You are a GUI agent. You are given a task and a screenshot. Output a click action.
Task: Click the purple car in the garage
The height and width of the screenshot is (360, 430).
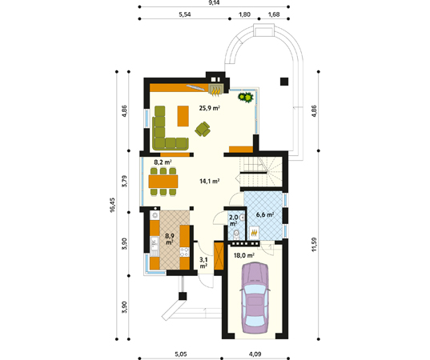click(255, 298)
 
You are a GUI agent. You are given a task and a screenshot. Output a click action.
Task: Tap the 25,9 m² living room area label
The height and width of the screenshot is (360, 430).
click(210, 108)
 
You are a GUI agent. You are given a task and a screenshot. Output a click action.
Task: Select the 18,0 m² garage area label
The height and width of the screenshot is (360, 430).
click(243, 256)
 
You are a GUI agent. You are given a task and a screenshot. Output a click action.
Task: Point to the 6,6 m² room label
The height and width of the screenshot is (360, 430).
click(265, 214)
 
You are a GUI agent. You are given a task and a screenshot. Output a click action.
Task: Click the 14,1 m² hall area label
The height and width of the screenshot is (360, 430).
click(210, 181)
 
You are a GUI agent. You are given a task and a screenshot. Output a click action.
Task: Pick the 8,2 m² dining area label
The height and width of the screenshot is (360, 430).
click(163, 162)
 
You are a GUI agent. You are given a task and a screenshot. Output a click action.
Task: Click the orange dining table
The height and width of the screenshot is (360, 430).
click(163, 182)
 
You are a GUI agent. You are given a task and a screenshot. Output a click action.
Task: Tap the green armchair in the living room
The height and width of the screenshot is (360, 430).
click(203, 129)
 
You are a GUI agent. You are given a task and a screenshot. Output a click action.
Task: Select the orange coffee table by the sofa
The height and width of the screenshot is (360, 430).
click(183, 116)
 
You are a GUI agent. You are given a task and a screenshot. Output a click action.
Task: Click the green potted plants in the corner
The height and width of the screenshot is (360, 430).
click(246, 98)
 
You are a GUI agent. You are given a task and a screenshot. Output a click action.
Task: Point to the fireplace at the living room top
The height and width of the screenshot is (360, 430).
click(215, 90)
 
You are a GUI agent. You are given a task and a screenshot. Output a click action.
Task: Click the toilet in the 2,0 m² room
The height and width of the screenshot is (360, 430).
click(236, 234)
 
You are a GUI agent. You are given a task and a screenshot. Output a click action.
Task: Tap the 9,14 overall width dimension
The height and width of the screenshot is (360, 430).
click(214, 2)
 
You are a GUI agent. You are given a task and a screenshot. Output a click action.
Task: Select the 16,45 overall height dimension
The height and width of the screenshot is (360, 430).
click(112, 206)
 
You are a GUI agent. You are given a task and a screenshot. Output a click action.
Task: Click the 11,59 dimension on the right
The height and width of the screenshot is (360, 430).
click(314, 244)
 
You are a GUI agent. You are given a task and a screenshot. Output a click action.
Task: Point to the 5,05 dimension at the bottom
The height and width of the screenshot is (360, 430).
click(181, 354)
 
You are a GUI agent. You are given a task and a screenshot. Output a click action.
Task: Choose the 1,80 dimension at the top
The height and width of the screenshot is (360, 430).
click(244, 14)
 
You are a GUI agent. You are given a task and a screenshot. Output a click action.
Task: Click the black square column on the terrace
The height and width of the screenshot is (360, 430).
click(284, 82)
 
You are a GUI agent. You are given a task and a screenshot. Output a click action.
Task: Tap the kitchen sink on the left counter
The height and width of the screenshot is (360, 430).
click(155, 243)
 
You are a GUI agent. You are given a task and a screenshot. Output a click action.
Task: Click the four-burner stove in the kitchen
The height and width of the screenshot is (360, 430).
click(184, 252)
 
